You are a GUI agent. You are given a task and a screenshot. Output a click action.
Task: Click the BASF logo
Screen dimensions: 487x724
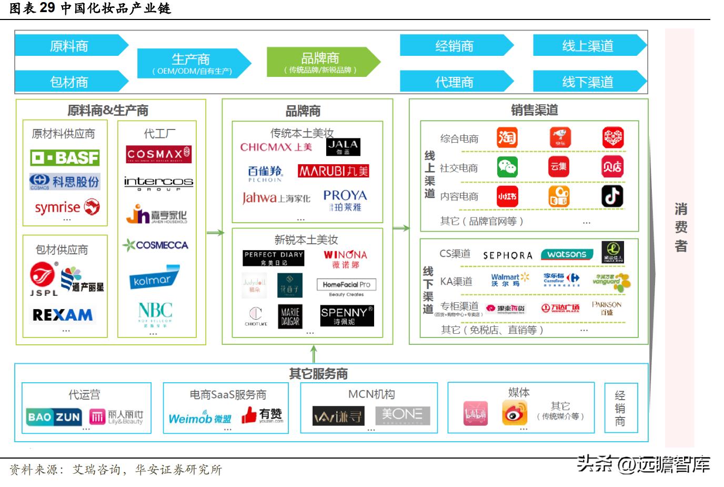tap(65, 157)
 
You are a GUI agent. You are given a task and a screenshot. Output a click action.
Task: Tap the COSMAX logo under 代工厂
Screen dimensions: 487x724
tap(158, 154)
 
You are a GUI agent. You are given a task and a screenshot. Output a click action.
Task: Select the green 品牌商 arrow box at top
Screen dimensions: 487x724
tap(321, 62)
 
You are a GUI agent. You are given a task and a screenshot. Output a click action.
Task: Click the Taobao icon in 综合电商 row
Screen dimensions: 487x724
tap(507, 138)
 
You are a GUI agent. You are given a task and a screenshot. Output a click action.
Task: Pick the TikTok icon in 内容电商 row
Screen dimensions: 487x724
tap(612, 196)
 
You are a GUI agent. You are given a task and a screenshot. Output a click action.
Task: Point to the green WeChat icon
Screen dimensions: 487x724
tap(507, 167)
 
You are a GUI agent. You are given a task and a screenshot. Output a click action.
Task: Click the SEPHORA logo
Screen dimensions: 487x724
tap(508, 255)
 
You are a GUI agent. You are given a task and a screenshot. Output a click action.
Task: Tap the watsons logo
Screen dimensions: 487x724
tap(567, 254)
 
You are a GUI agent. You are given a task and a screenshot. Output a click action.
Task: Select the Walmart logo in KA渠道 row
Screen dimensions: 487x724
tap(509, 279)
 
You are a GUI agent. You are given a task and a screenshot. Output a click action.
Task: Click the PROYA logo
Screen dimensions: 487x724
tap(345, 200)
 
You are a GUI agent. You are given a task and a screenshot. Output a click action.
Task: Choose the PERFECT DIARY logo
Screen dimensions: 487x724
tap(273, 257)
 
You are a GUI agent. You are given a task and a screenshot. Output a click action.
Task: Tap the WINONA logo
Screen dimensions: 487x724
tap(345, 258)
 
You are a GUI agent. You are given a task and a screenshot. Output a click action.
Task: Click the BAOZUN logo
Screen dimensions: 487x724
tap(54, 417)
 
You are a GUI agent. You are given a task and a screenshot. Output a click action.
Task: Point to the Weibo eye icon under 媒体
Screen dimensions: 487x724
tap(514, 413)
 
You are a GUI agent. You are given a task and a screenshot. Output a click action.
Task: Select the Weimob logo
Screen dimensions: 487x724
tap(200, 419)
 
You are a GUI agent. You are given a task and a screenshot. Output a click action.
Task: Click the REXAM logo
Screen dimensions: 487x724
tap(62, 315)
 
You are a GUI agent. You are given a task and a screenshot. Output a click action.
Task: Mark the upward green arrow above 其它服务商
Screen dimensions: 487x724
tap(314, 353)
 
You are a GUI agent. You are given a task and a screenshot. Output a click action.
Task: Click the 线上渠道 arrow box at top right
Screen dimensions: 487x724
tap(588, 46)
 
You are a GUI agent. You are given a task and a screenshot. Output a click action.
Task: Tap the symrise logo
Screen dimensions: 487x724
tap(67, 207)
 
